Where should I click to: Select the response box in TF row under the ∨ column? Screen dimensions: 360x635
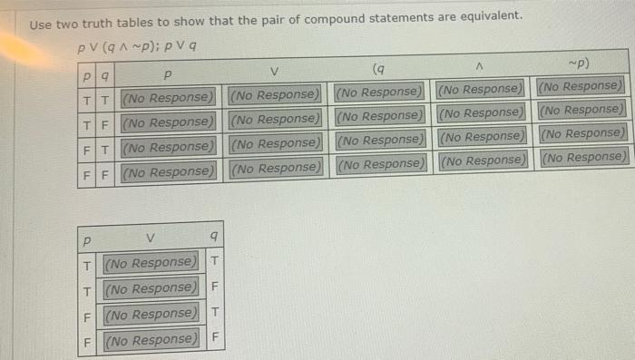276,120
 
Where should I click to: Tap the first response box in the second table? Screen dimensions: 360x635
151,263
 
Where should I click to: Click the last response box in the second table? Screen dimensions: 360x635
151,340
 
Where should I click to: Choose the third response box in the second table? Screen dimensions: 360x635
151,315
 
